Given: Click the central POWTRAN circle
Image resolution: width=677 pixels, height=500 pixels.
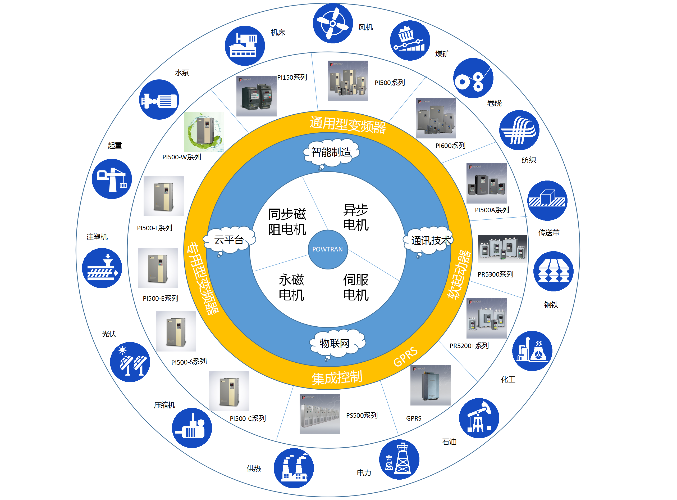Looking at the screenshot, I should pyautogui.click(x=328, y=249).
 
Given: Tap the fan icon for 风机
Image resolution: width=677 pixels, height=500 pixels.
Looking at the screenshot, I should pyautogui.click(x=333, y=23).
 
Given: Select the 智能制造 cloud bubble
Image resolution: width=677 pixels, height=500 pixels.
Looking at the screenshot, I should pyautogui.click(x=331, y=152).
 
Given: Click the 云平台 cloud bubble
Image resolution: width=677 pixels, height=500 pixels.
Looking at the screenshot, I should pyautogui.click(x=229, y=240).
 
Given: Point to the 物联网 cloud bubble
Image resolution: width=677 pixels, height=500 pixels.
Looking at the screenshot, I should pyautogui.click(x=335, y=343).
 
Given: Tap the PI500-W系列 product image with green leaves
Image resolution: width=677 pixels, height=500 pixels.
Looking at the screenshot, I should pyautogui.click(x=204, y=132).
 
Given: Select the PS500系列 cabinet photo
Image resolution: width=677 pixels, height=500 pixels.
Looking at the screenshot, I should pyautogui.click(x=320, y=414).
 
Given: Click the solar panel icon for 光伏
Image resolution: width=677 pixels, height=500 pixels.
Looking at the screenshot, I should pyautogui.click(x=130, y=362).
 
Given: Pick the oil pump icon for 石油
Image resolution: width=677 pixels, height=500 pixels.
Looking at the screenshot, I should pyautogui.click(x=479, y=418).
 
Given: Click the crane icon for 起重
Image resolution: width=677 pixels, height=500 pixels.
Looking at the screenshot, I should pyautogui.click(x=112, y=179).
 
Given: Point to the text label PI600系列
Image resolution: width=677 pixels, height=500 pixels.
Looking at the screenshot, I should pyautogui.click(x=450, y=146).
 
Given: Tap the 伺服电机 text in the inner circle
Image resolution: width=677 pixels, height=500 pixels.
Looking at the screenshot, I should pyautogui.click(x=356, y=287).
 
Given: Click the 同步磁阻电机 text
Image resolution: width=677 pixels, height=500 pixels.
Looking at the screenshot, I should pyautogui.click(x=287, y=222).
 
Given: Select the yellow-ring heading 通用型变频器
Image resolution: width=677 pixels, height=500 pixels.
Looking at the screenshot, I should pyautogui.click(x=348, y=125).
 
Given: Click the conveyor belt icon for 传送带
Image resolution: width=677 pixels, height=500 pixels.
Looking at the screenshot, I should pyautogui.click(x=547, y=200).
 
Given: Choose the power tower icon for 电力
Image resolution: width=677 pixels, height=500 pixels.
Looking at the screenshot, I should pyautogui.click(x=399, y=460).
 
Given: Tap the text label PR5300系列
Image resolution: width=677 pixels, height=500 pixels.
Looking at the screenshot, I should pyautogui.click(x=495, y=274).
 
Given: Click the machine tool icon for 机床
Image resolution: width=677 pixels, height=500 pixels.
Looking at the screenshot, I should pyautogui.click(x=245, y=46).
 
